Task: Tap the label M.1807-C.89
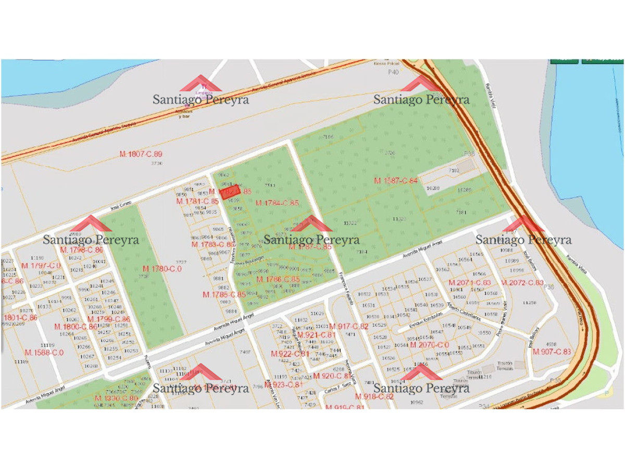pyautogui.click(x=141, y=154)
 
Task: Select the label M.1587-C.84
pyautogui.click(x=396, y=181)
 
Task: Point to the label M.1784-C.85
pyautogui.click(x=277, y=203)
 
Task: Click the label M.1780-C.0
pyautogui.click(x=162, y=269)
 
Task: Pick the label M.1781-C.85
pyautogui.click(x=197, y=201)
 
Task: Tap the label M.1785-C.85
pyautogui.click(x=224, y=294)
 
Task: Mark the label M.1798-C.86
pyautogui.click(x=82, y=250)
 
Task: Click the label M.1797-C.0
pyautogui.click(x=41, y=266)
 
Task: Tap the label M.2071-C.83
pyautogui.click(x=470, y=282)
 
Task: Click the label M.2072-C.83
pyautogui.click(x=522, y=282)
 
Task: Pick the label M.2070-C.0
pyautogui.click(x=429, y=345)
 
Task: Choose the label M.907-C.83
pyautogui.click(x=552, y=352)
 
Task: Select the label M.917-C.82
pyautogui.click(x=349, y=327)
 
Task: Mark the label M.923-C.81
pyautogui.click(x=283, y=385)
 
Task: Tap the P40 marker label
pyautogui.click(x=393, y=72)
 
